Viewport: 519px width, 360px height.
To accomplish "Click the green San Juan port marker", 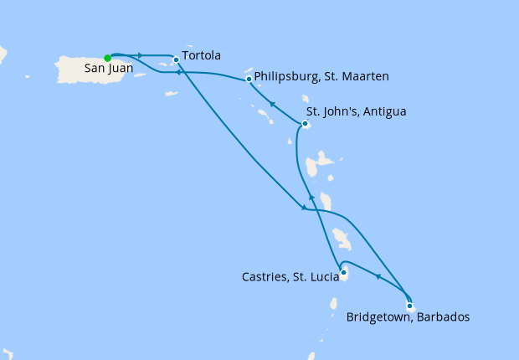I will pyautogui.click(x=107, y=58).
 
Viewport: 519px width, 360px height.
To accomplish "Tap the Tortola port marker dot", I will pyautogui.click(x=176, y=59).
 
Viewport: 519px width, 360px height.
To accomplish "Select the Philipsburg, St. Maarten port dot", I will pyautogui.click(x=249, y=80).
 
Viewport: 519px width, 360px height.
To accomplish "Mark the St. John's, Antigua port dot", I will pyautogui.click(x=305, y=125).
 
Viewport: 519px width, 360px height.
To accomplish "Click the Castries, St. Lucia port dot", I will pyautogui.click(x=343, y=271).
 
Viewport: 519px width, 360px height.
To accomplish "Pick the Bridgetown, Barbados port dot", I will pyautogui.click(x=409, y=306).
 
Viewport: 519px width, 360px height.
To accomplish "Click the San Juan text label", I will pyautogui.click(x=106, y=70).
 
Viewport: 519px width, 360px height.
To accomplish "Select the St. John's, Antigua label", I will pyautogui.click(x=356, y=111).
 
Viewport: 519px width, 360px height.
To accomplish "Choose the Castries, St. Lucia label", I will pyautogui.click(x=290, y=275).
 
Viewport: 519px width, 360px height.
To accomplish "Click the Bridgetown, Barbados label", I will pyautogui.click(x=408, y=317).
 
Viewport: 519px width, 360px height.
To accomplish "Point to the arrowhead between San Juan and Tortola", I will pyautogui.click(x=140, y=55).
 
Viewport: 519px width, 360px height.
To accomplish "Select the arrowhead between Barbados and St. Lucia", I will pyautogui.click(x=378, y=276).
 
